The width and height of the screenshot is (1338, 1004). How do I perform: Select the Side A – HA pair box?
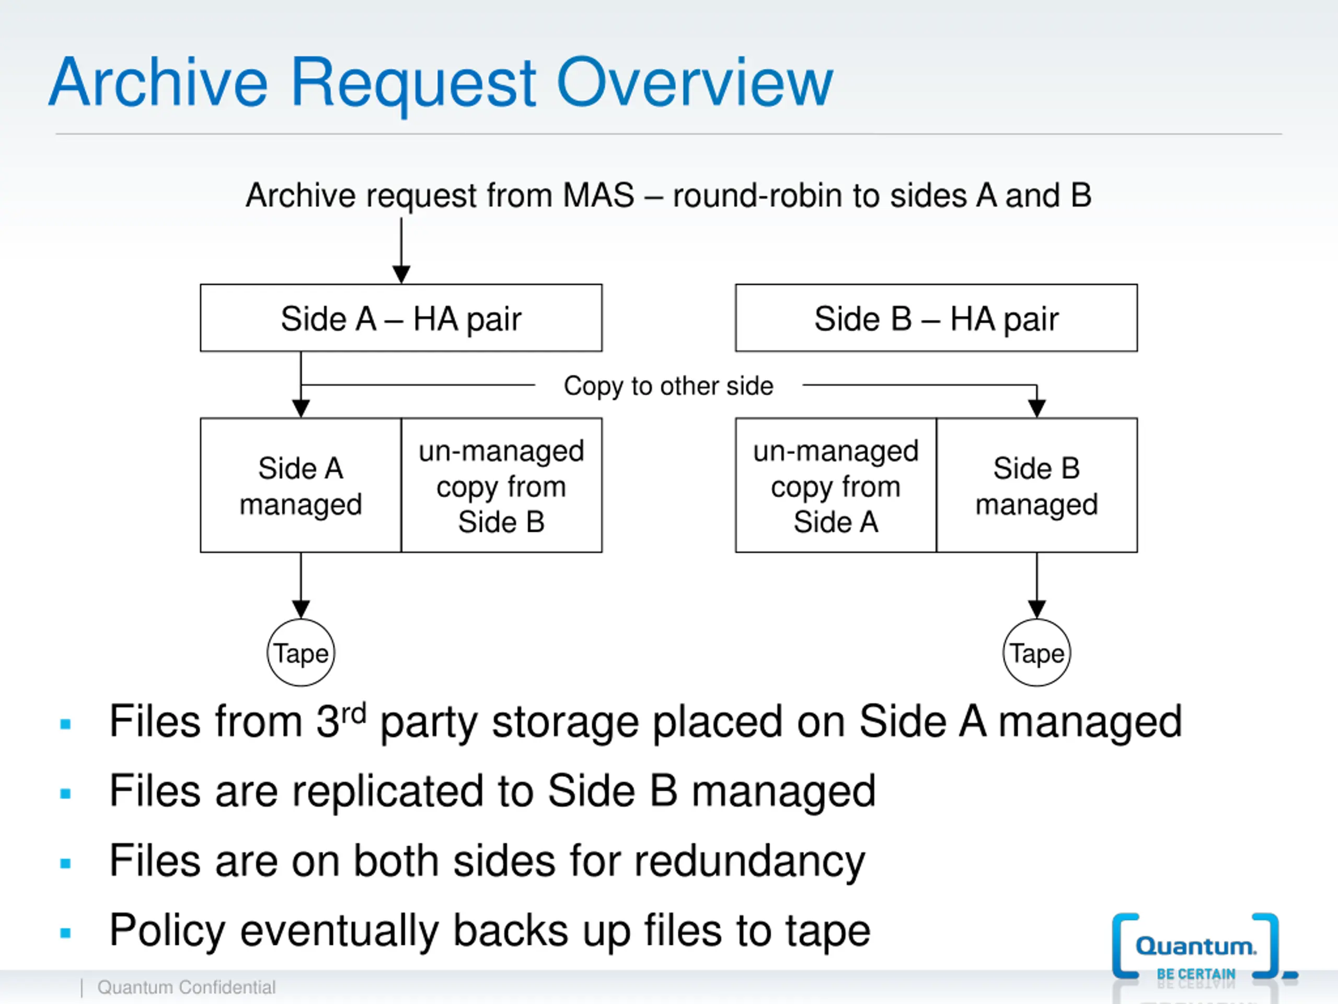[x=401, y=318]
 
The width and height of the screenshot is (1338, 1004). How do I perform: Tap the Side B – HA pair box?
[x=937, y=318]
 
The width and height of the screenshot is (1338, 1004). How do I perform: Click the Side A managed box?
[x=301, y=485]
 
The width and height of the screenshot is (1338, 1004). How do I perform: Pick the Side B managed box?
[x=1037, y=485]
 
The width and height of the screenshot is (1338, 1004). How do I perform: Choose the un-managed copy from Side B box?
[x=501, y=485]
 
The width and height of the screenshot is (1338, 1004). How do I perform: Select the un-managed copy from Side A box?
[x=836, y=485]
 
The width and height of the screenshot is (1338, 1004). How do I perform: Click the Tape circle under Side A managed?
[x=301, y=653]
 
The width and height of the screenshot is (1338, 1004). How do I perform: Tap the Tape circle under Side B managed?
[x=1037, y=653]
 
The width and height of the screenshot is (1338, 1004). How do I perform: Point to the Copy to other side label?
[x=668, y=386]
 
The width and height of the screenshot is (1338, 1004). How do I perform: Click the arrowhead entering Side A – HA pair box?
[x=401, y=274]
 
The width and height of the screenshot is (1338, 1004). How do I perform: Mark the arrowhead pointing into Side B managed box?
[x=1037, y=408]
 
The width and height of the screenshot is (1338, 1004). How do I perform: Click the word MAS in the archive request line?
[x=598, y=196]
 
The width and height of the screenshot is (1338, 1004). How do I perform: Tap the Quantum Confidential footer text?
[x=186, y=987]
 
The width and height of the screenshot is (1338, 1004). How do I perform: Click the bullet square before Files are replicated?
[x=66, y=793]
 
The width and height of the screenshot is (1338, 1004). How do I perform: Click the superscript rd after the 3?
[x=354, y=714]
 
